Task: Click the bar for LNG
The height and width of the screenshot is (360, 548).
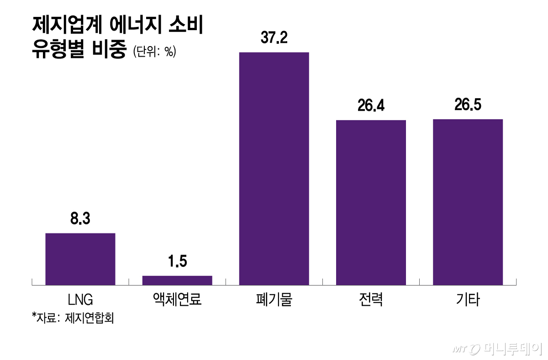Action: click(x=80, y=259)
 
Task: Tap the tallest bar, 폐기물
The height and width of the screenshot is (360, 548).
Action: click(x=274, y=168)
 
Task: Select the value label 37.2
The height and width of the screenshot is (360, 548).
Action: click(x=274, y=38)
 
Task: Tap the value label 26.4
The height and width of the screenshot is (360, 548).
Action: click(x=371, y=106)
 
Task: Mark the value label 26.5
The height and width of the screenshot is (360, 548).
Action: click(x=468, y=105)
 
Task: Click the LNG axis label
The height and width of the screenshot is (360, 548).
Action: click(x=80, y=300)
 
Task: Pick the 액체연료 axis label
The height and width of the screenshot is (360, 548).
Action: click(x=177, y=300)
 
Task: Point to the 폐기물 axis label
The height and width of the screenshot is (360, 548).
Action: click(x=274, y=300)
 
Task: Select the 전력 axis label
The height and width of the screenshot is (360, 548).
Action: click(x=371, y=300)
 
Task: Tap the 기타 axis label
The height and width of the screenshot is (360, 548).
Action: click(x=468, y=300)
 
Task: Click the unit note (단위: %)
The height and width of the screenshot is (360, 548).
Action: click(x=154, y=52)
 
